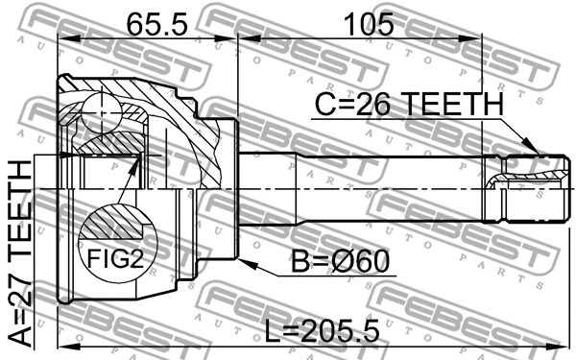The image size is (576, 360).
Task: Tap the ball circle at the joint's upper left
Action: (x=99, y=112)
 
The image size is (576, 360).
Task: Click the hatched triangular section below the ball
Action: (x=111, y=145)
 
